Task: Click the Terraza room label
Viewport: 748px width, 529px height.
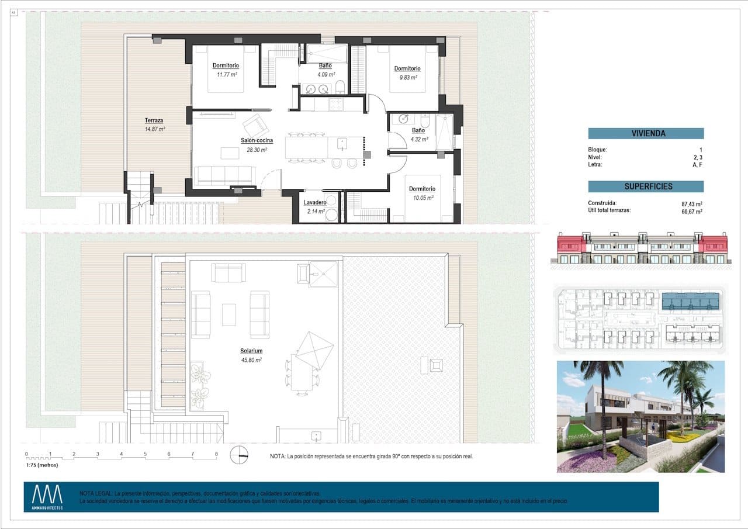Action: coord(154,120)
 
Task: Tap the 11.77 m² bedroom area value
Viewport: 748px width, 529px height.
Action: coord(225,74)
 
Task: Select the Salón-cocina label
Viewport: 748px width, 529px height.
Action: coord(257,140)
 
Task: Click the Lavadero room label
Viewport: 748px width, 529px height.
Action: coord(316,202)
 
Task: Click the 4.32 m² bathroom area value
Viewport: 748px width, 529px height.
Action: coord(419,140)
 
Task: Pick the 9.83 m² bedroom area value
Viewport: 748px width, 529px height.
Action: coord(407,77)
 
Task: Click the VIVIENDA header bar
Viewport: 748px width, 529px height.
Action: coord(646,133)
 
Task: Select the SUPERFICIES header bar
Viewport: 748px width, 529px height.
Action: coord(646,186)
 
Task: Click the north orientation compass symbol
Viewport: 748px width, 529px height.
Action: coord(239,455)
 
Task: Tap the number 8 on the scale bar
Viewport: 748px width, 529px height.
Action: coord(216,454)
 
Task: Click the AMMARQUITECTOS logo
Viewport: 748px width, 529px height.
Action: coord(47,497)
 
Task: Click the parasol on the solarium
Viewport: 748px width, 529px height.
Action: coord(314,350)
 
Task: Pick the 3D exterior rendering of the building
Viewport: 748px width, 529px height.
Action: coord(640,416)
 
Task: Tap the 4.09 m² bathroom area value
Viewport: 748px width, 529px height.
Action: coord(325,74)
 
